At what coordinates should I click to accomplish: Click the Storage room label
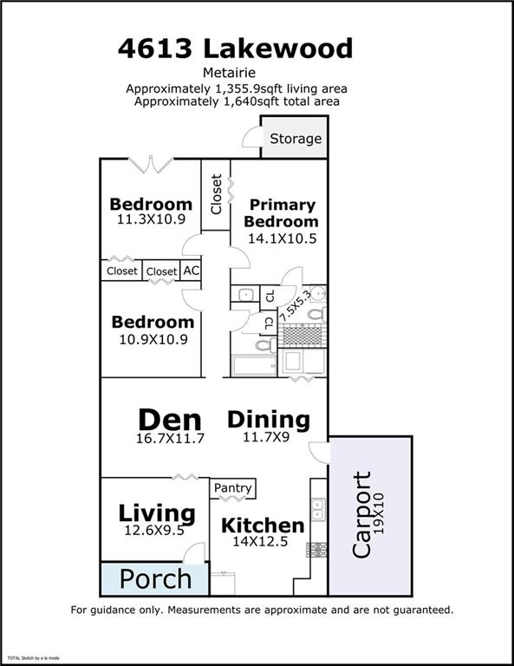(296, 139)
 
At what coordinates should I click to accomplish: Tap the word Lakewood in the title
(278, 48)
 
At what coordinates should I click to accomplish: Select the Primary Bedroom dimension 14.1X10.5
(283, 238)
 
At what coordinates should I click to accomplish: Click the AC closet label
(191, 271)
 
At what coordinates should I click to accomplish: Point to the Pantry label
(232, 487)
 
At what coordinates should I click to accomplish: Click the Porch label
(155, 579)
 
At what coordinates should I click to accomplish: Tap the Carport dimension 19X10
(379, 513)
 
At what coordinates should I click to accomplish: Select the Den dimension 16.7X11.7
(170, 438)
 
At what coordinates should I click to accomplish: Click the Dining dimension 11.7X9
(266, 437)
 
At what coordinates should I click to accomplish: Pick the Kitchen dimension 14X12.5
(260, 541)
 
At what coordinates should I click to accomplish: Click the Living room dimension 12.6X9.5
(154, 530)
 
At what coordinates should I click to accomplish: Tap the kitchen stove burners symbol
(316, 550)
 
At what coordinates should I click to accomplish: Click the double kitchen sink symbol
(318, 509)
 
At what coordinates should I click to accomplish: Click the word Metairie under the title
(229, 73)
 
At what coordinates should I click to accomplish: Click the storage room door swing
(251, 137)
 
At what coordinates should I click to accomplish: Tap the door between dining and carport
(319, 453)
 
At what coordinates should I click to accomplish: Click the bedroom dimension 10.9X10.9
(153, 339)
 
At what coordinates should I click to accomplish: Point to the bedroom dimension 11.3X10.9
(151, 219)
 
